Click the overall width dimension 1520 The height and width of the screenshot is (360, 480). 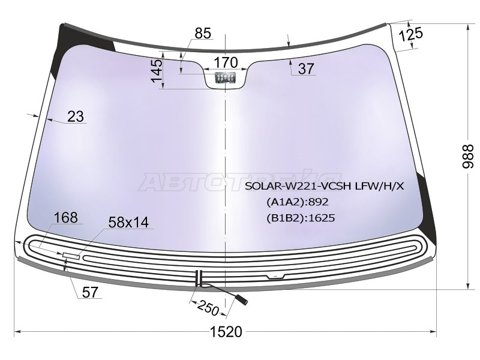pos(226,332)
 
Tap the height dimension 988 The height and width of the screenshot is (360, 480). pos(467,157)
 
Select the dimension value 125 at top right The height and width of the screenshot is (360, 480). pos(411,34)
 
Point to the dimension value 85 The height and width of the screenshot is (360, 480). pos(203,33)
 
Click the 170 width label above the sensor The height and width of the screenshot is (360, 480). pos(226,62)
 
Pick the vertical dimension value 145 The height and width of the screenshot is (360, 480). pos(157,71)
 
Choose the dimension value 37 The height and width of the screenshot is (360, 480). pos(306,68)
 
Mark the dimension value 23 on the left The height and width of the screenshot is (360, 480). pos(76,116)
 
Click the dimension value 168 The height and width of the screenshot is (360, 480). pos(65,218)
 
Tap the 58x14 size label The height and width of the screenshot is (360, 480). pos(128,222)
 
